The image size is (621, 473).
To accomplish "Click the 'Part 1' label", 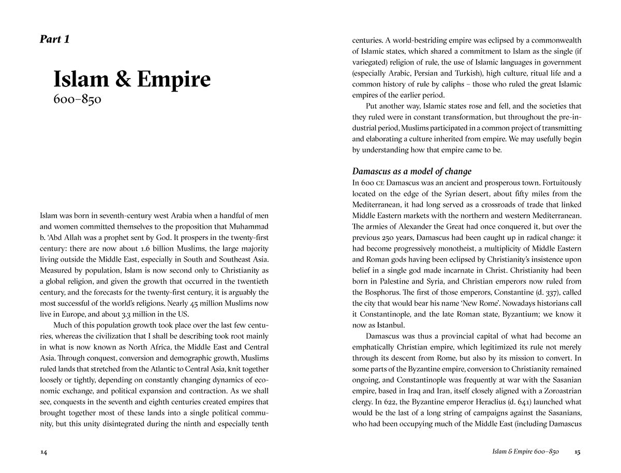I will (x=54, y=39).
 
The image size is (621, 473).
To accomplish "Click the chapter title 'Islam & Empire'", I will (x=132, y=79).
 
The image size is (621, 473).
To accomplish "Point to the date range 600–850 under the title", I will (x=77, y=99).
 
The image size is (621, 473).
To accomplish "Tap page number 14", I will (x=43, y=452).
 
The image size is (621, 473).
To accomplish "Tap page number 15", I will (x=578, y=452).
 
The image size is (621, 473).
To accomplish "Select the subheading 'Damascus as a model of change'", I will (x=411, y=171).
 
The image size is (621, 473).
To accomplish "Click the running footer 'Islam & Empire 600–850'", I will (x=526, y=452).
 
